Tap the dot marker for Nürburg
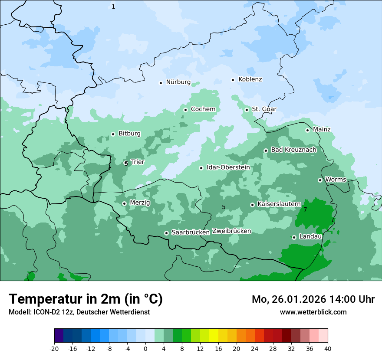pyautogui.click(x=161, y=82)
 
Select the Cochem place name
pyautogui.click(x=203, y=109)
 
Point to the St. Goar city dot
pyautogui.click(x=247, y=109)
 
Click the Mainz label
pyautogui.click(x=322, y=129)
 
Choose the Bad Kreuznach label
pyautogui.click(x=293, y=150)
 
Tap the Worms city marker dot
pyautogui.click(x=320, y=180)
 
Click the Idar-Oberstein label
pyautogui.click(x=228, y=167)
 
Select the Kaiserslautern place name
pyautogui.click(x=279, y=204)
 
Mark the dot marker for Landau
pyautogui.click(x=294, y=237)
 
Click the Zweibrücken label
pyautogui.click(x=231, y=231)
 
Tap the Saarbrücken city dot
pyautogui.click(x=166, y=233)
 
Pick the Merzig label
pyautogui.click(x=140, y=203)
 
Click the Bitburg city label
pyautogui.click(x=129, y=134)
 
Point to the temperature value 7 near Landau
pyautogui.click(x=305, y=209)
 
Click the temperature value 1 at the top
pyautogui.click(x=113, y=7)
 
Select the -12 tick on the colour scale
pyautogui.click(x=91, y=349)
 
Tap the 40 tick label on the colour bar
pyautogui.click(x=327, y=349)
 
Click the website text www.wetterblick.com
pyautogui.click(x=313, y=312)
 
